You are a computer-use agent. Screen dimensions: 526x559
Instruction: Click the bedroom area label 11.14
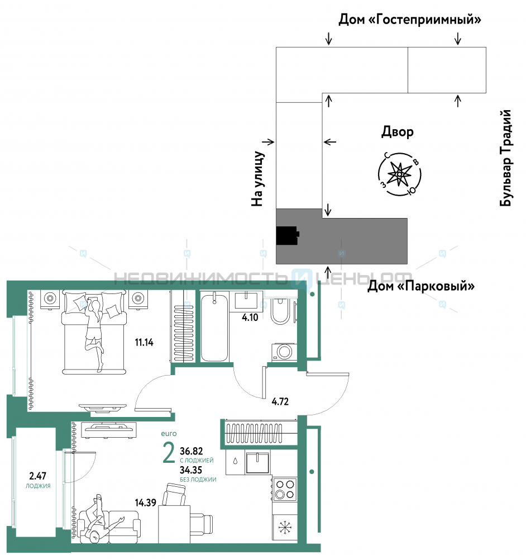(x=144, y=343)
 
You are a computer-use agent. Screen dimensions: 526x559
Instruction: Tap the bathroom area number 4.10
(x=250, y=318)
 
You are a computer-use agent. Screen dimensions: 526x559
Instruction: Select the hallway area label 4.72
(x=280, y=402)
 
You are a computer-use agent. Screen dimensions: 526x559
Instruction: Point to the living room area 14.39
(x=145, y=503)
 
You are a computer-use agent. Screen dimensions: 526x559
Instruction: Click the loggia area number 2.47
(x=37, y=476)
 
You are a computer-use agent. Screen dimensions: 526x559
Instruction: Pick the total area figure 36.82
(x=191, y=451)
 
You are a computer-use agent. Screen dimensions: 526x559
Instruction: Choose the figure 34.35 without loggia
(x=191, y=470)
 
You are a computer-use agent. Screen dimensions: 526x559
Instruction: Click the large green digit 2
(x=169, y=452)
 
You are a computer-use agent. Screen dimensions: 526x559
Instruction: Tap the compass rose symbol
(x=399, y=174)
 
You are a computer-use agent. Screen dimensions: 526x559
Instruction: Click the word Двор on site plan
(x=398, y=132)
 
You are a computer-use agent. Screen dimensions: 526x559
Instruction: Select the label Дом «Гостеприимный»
(x=409, y=19)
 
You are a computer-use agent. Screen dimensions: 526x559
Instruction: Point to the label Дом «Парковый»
(x=421, y=286)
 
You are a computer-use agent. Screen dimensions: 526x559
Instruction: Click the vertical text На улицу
(x=257, y=179)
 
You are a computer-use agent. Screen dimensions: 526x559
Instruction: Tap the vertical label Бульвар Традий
(x=505, y=158)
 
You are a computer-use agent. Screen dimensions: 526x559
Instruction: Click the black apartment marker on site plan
(x=288, y=236)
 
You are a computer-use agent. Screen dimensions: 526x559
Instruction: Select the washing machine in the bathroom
(x=284, y=352)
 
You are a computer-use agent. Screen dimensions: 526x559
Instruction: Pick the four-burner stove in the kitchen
(x=285, y=489)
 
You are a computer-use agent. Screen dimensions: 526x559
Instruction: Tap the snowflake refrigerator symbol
(x=285, y=528)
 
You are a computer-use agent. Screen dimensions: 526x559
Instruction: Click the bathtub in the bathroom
(x=214, y=327)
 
